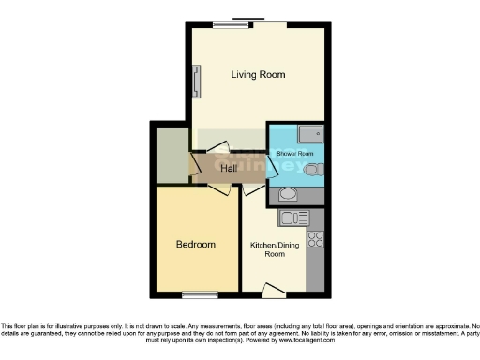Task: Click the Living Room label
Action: click(x=258, y=74)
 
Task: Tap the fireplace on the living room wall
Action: click(x=196, y=81)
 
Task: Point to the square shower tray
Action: click(x=308, y=133)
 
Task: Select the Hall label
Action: click(x=217, y=169)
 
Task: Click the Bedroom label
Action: click(x=196, y=245)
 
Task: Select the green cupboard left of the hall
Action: click(x=172, y=154)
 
